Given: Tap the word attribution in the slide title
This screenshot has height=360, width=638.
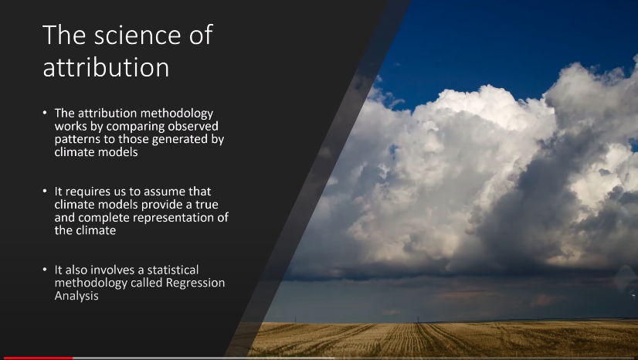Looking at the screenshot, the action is click(106, 67).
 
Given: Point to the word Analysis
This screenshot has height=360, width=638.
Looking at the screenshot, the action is click(76, 296).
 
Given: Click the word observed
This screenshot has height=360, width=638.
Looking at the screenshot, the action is click(193, 126).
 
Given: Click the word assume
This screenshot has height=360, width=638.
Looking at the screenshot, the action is click(165, 192).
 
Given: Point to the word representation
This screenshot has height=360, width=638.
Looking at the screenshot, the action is click(174, 218).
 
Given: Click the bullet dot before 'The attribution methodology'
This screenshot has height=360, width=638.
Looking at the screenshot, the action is click(45, 113).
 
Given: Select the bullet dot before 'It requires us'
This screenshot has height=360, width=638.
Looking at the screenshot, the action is click(45, 191).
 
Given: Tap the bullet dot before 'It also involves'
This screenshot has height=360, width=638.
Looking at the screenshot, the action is click(45, 270).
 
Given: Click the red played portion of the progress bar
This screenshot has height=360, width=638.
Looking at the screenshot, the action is click(39, 358).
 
